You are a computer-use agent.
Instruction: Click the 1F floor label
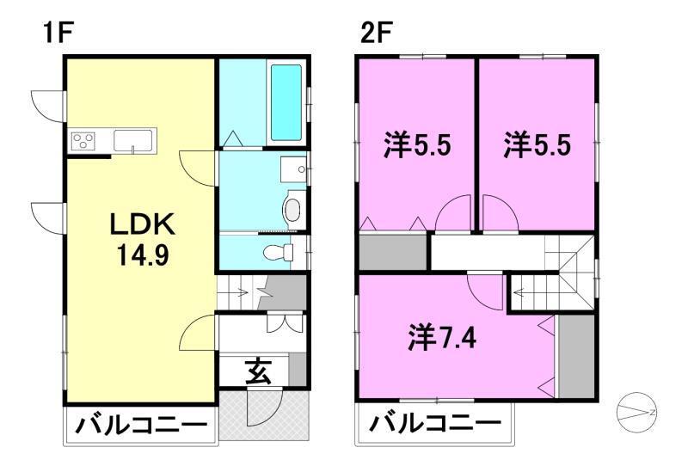58,33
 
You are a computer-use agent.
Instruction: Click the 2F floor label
376,33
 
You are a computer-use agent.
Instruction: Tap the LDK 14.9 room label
143,240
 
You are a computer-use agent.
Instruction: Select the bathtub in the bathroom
286,102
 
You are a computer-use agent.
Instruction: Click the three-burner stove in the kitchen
83,140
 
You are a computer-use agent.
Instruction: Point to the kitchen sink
133,140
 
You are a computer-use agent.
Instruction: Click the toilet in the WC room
278,252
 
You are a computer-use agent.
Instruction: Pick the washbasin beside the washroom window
293,169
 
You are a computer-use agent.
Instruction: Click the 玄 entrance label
258,371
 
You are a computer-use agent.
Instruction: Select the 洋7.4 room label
442,338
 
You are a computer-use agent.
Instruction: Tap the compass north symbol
636,412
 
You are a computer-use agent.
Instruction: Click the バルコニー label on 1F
141,426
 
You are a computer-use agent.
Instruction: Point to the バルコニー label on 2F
435,423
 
